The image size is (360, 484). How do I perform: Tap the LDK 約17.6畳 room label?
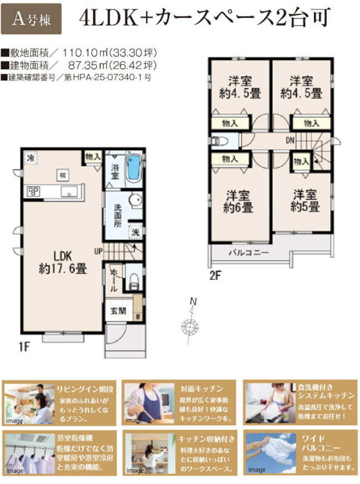coord(62,262)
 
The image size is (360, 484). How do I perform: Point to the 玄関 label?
coord(118,310)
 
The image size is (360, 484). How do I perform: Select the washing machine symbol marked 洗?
coord(135,232)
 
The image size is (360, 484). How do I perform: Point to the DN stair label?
coord(290,140)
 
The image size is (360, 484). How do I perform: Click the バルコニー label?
coord(249,253)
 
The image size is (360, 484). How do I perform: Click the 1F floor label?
coord(23,347)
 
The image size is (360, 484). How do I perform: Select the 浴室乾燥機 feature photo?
coord(27,452)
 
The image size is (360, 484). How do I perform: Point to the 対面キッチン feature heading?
coord(202,389)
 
